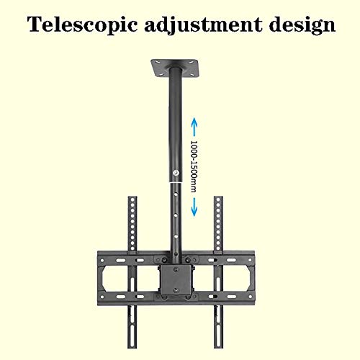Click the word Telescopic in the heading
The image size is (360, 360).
pyautogui.click(x=82, y=24)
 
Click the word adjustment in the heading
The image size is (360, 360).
pyautogui.click(x=203, y=25)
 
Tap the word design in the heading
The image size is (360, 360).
pyautogui.click(x=302, y=25)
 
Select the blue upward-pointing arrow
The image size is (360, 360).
pyautogui.click(x=194, y=127)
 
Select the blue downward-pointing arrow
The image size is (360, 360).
pyautogui.click(x=194, y=207)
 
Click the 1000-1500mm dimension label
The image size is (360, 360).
pyautogui.click(x=194, y=166)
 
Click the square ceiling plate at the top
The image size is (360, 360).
pyautogui.click(x=174, y=68)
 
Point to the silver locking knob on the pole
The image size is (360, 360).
pyautogui.click(x=176, y=173)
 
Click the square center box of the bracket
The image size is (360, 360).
pyautogui.click(x=176, y=279)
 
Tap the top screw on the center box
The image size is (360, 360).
pyautogui.click(x=176, y=270)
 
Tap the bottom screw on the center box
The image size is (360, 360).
pyautogui.click(x=176, y=290)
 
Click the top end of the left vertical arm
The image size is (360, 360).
pyautogui.click(x=132, y=197)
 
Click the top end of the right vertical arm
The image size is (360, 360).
pyautogui.click(x=218, y=197)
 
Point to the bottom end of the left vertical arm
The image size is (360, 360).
pyautogui.click(x=132, y=347)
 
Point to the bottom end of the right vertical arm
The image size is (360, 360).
pyautogui.click(x=218, y=347)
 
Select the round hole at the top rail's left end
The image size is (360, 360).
pyautogui.click(x=102, y=260)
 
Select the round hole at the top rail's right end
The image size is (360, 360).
pyautogui.click(x=250, y=260)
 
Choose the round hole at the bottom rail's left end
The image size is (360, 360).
pyautogui.click(x=102, y=297)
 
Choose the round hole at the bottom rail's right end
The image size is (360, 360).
pyautogui.click(x=250, y=297)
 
